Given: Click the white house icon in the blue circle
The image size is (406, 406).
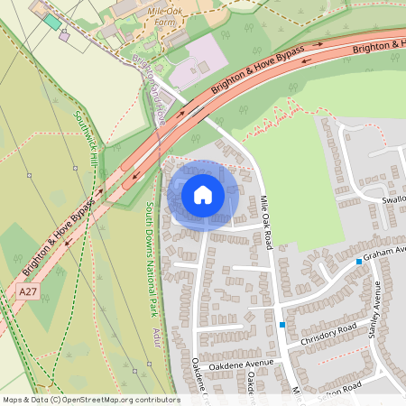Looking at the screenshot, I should pos(203,194).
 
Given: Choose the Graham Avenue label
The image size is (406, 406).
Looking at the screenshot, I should pos(385,252).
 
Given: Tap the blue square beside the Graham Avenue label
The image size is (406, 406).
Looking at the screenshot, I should pos(359,262).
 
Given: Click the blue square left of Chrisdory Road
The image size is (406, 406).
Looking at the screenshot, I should pos(282,325).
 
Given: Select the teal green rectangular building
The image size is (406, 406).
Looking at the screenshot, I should pos(52,21).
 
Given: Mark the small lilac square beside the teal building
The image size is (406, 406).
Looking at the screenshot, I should pos(64,36).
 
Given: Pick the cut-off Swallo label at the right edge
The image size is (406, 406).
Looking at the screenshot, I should pos(394,199).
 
